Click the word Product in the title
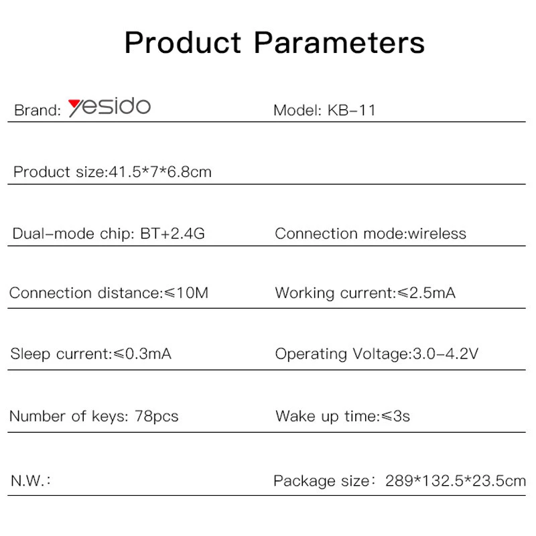[x=183, y=43]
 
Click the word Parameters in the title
[x=339, y=43]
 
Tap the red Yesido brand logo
[x=109, y=107]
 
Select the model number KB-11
[x=351, y=111]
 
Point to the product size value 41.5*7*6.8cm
[x=160, y=172]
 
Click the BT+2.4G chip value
[x=172, y=233]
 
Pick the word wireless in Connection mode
[x=437, y=233]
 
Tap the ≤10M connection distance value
[x=186, y=293]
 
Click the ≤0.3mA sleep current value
[x=142, y=354]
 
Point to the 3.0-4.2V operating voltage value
[x=446, y=354]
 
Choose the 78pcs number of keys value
[x=157, y=416]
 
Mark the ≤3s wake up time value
[x=395, y=416]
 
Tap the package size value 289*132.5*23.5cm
[x=456, y=481]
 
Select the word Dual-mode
[x=53, y=233]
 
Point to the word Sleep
[x=30, y=354]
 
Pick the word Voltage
[x=381, y=354]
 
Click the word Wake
[x=295, y=416]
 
